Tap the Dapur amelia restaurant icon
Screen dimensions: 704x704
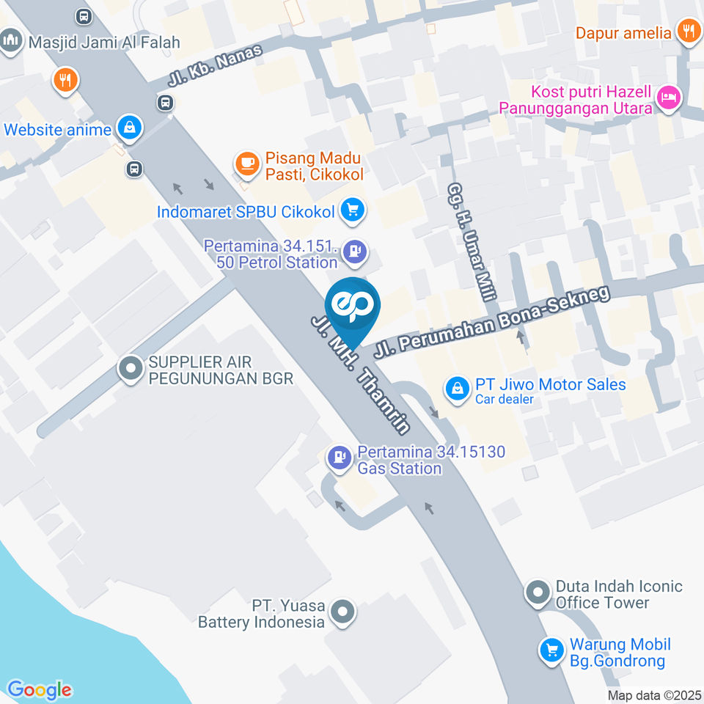point(688,32)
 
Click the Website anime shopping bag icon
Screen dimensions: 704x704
point(129,128)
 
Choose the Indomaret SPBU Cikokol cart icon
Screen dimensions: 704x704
point(353,211)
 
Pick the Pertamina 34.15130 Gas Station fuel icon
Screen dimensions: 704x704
point(339,459)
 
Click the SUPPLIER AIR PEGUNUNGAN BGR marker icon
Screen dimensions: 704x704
point(131,369)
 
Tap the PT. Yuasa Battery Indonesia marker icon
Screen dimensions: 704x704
point(342,613)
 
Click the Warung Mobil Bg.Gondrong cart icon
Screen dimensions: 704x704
point(551,650)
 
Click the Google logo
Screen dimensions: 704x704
point(40,690)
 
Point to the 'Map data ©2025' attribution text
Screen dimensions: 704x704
point(654,695)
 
